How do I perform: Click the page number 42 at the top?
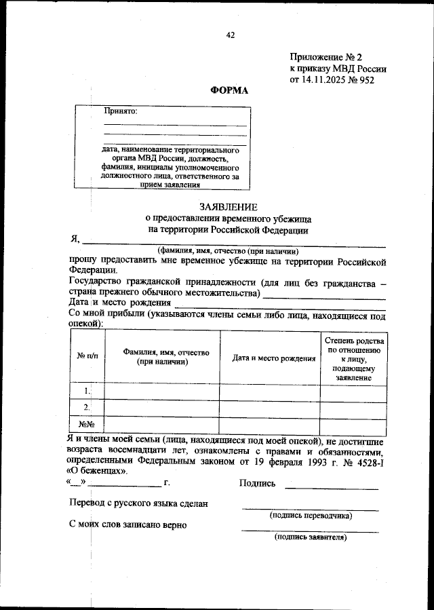tap(230, 35)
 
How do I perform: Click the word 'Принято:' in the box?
tap(121, 111)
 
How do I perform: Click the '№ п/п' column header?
tap(87, 356)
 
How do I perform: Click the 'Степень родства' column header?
tap(354, 340)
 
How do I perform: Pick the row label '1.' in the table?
tap(87, 391)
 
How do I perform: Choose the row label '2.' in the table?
tap(87, 408)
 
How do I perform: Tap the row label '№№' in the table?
tap(87, 425)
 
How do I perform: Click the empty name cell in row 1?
tap(161, 391)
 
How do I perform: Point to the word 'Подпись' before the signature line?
tap(258, 483)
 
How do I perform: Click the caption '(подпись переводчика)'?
tap(311, 515)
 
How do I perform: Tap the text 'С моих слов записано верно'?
tap(128, 525)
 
